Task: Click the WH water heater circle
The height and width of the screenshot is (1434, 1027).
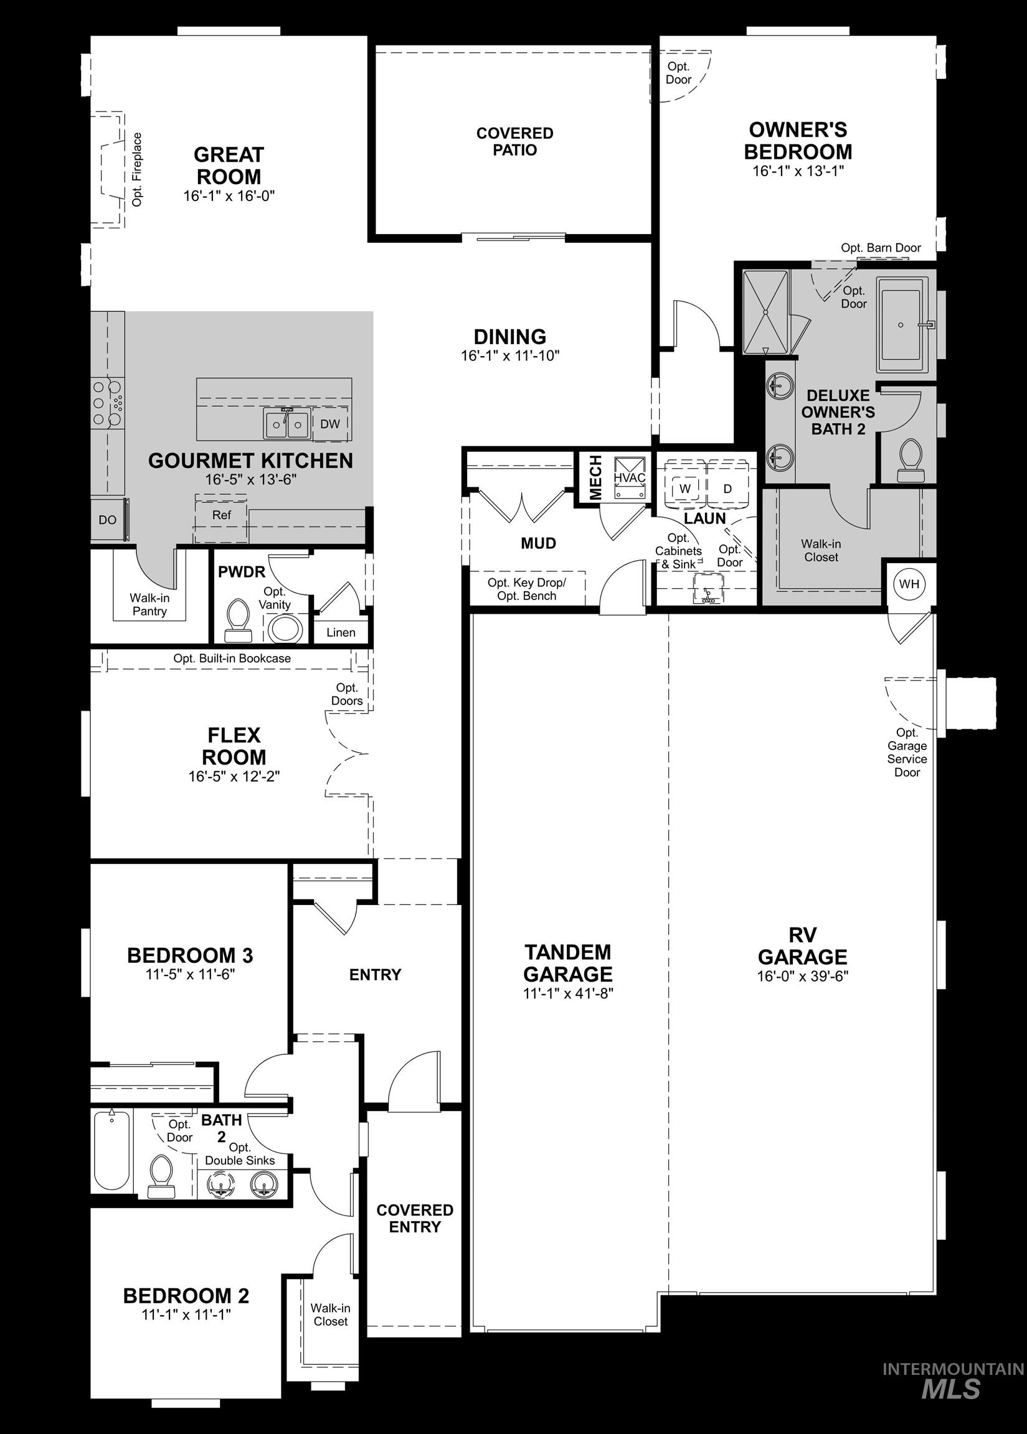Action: click(909, 584)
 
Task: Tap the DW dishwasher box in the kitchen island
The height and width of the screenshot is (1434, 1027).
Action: click(329, 424)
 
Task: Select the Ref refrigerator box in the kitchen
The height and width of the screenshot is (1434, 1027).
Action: click(221, 516)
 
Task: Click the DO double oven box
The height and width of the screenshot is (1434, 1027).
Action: click(108, 520)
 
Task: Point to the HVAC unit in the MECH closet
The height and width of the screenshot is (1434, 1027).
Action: click(629, 478)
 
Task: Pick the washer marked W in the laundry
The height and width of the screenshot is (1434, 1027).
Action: click(684, 489)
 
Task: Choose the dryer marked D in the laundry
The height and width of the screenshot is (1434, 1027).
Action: click(727, 489)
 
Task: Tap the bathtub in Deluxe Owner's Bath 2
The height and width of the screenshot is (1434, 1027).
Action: click(901, 330)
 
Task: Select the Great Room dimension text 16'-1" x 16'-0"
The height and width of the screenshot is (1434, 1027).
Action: click(229, 196)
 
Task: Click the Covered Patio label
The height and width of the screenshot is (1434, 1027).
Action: click(515, 141)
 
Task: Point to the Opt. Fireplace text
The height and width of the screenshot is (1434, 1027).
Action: click(137, 169)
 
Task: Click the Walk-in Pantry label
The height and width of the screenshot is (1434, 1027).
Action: click(149, 604)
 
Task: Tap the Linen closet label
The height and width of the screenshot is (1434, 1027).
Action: click(341, 632)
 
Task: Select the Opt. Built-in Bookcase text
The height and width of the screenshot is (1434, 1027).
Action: click(232, 658)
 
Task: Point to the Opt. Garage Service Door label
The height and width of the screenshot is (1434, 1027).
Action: click(907, 752)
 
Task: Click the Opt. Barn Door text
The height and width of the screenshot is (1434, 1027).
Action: click(880, 248)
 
